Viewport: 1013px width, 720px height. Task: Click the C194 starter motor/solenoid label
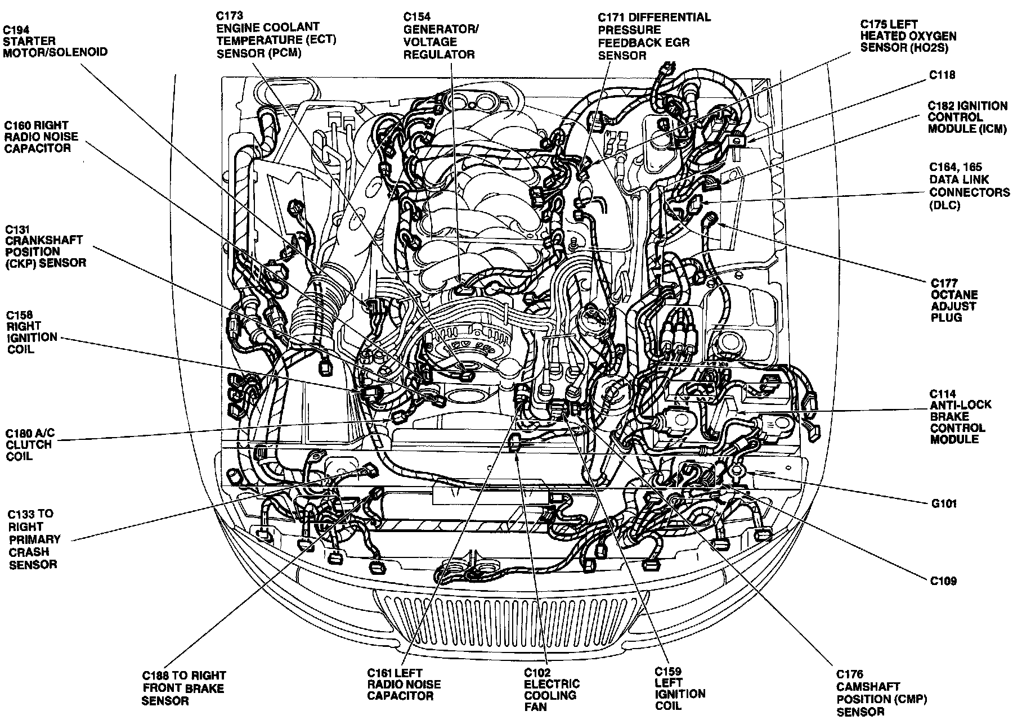pos(55,40)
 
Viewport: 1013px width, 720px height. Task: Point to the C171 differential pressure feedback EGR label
pos(653,36)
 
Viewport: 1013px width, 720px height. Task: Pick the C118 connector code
pos(942,74)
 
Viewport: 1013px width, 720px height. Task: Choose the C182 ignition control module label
pos(967,117)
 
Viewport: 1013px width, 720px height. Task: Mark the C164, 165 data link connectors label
pos(969,186)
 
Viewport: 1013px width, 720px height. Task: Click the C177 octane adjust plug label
pos(954,300)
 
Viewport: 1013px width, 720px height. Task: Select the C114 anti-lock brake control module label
pos(960,416)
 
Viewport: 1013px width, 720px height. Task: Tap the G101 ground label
pos(943,503)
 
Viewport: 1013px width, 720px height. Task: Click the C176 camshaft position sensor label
pos(881,692)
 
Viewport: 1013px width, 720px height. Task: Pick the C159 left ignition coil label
pos(679,689)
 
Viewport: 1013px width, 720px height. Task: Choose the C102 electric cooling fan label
pos(551,689)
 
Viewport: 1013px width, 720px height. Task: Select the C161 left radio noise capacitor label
pos(404,685)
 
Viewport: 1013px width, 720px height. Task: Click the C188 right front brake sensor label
pos(183,688)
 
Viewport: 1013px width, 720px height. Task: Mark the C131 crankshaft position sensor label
pos(45,246)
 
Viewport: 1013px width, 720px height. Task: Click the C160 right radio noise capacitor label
pos(42,137)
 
